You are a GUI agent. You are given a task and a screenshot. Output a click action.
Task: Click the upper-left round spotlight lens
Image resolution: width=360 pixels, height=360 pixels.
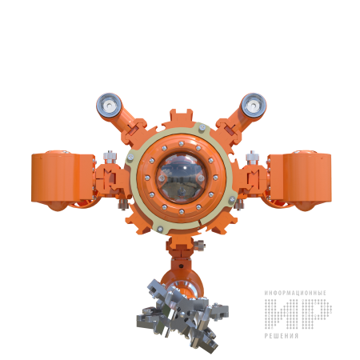click(109, 106)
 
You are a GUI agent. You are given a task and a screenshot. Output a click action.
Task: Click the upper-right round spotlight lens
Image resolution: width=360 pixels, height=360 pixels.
click(254, 106)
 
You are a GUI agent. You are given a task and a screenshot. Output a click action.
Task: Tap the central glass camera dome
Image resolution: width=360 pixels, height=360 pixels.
click(181, 178)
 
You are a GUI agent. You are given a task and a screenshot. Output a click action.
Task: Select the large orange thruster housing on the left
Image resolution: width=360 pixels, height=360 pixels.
click(63, 180)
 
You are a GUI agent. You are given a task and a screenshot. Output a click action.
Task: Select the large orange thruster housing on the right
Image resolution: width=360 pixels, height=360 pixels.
click(299, 180)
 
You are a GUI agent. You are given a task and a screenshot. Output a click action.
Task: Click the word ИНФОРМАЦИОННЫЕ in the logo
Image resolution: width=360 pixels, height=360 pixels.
click(295, 293)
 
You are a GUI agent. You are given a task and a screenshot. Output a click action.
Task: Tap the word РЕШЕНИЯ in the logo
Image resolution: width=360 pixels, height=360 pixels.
click(282, 336)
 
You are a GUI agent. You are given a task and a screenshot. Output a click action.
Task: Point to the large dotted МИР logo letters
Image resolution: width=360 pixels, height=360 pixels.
click(298, 314)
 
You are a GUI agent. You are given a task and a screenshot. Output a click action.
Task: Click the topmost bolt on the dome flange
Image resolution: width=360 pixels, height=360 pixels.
click(182, 144)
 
